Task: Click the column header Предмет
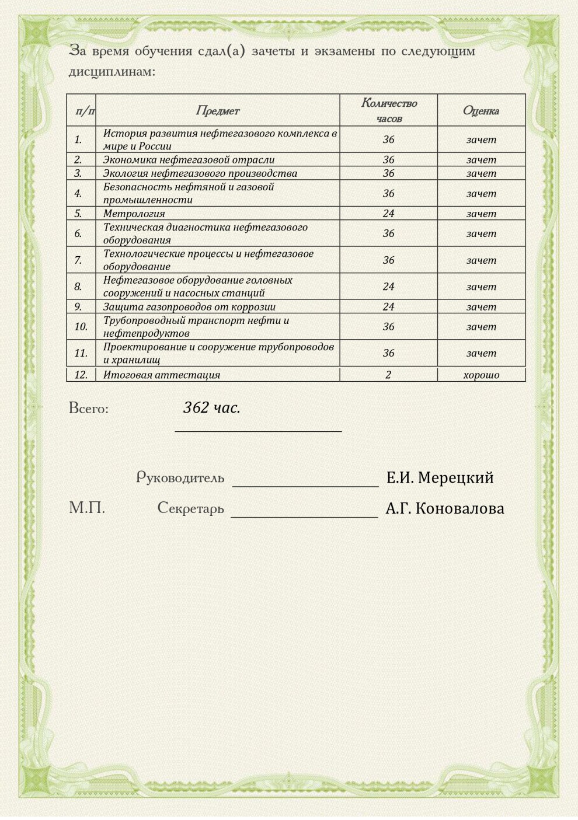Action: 217,110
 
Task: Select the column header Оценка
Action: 480,110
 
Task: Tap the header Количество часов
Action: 389,110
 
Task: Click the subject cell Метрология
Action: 134,214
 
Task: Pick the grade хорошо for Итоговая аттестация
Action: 481,375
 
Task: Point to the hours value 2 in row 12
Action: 388,375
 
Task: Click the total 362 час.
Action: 211,407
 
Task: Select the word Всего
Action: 89,408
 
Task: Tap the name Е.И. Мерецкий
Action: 440,477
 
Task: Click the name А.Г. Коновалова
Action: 444,508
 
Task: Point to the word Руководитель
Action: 180,477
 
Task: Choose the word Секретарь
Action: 190,508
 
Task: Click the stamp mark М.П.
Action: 87,508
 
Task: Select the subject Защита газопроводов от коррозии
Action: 189,306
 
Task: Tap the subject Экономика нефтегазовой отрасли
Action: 189,159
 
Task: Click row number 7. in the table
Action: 78,260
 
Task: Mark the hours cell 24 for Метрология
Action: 388,214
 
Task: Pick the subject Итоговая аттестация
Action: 162,375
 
